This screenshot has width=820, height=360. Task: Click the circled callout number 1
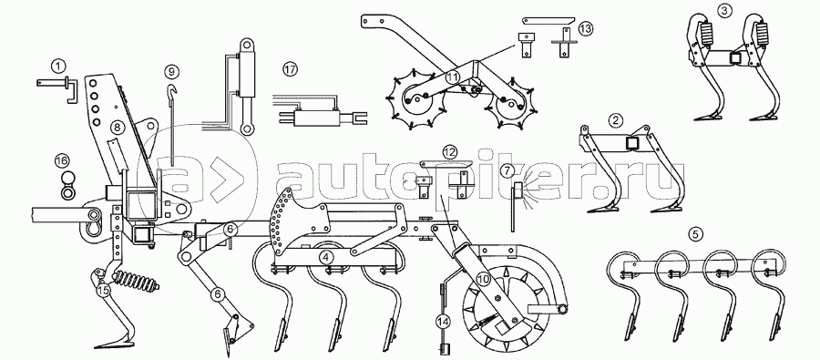(58, 67)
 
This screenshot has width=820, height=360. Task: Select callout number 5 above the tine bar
(695, 234)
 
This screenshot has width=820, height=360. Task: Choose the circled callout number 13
(586, 29)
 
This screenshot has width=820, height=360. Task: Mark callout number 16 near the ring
(62, 160)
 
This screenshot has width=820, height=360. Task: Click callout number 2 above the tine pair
(617, 120)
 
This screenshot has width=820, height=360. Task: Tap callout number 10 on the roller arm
(483, 280)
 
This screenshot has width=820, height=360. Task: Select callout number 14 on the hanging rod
(444, 320)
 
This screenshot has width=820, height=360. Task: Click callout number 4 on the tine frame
(326, 257)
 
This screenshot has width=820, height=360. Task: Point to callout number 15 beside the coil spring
(104, 289)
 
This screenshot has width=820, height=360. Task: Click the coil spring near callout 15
(136, 283)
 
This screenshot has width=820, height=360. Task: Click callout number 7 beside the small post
(506, 170)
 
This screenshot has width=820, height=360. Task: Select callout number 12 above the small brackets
(449, 152)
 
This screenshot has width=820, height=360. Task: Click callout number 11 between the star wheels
(452, 77)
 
